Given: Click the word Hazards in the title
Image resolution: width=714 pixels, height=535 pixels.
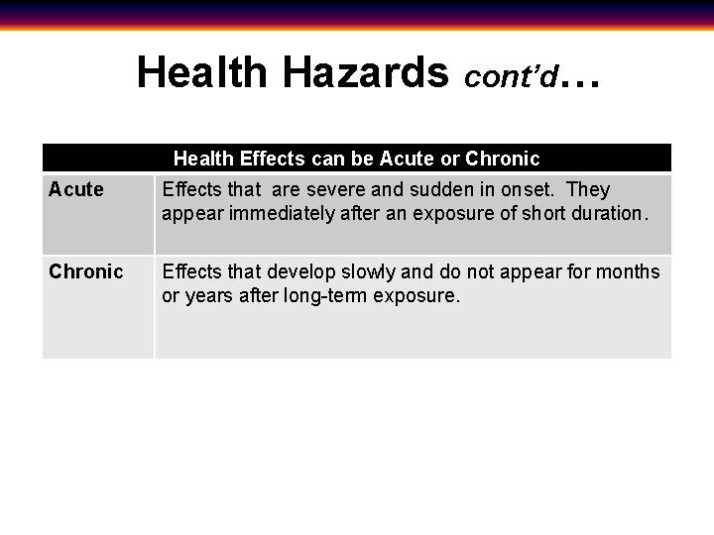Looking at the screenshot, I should [365, 72].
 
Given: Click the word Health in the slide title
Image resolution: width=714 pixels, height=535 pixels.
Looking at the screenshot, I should [202, 72].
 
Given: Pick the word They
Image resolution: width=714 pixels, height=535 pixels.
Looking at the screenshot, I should [588, 189].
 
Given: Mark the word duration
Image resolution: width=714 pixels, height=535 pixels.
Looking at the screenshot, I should [605, 213].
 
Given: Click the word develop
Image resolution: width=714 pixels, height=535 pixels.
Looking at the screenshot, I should [302, 272].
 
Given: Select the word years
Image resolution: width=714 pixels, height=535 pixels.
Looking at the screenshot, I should [209, 296].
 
